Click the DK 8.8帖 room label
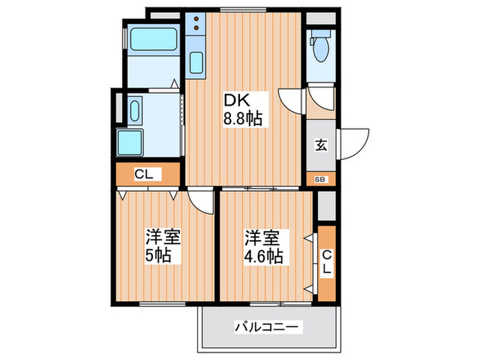(241, 109)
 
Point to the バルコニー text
(267, 328)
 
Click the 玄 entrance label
(320, 145)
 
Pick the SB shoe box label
(320, 180)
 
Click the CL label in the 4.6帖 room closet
(326, 263)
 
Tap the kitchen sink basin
(196, 64)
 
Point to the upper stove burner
(196, 19)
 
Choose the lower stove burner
(196, 29)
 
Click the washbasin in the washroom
(134, 110)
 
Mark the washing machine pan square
(131, 143)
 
